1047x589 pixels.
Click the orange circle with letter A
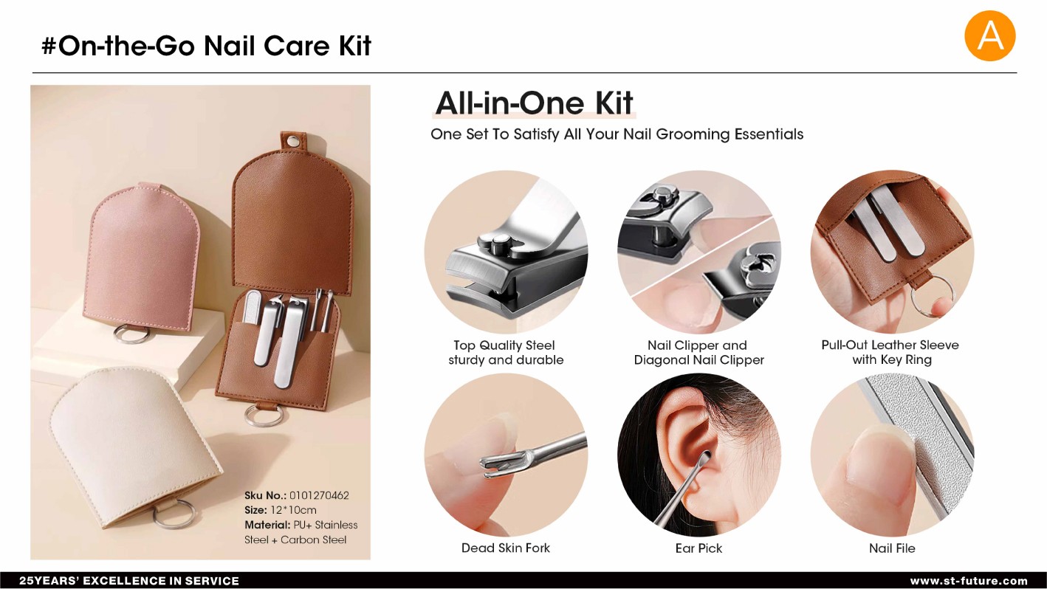tap(989, 36)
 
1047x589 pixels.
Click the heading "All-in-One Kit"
tap(535, 103)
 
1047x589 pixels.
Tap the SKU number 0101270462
tap(319, 495)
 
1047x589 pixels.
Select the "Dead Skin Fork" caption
tap(506, 548)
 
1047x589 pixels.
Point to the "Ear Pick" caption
tap(698, 548)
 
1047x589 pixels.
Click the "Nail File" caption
tap(892, 548)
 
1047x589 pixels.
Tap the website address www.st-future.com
tap(969, 581)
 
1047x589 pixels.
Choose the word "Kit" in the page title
tap(354, 46)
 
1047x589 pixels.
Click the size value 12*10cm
tap(293, 510)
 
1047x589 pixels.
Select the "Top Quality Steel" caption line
tap(504, 345)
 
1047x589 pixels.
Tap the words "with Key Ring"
tap(892, 359)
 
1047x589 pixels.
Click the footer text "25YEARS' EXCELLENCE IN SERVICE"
tap(129, 581)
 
